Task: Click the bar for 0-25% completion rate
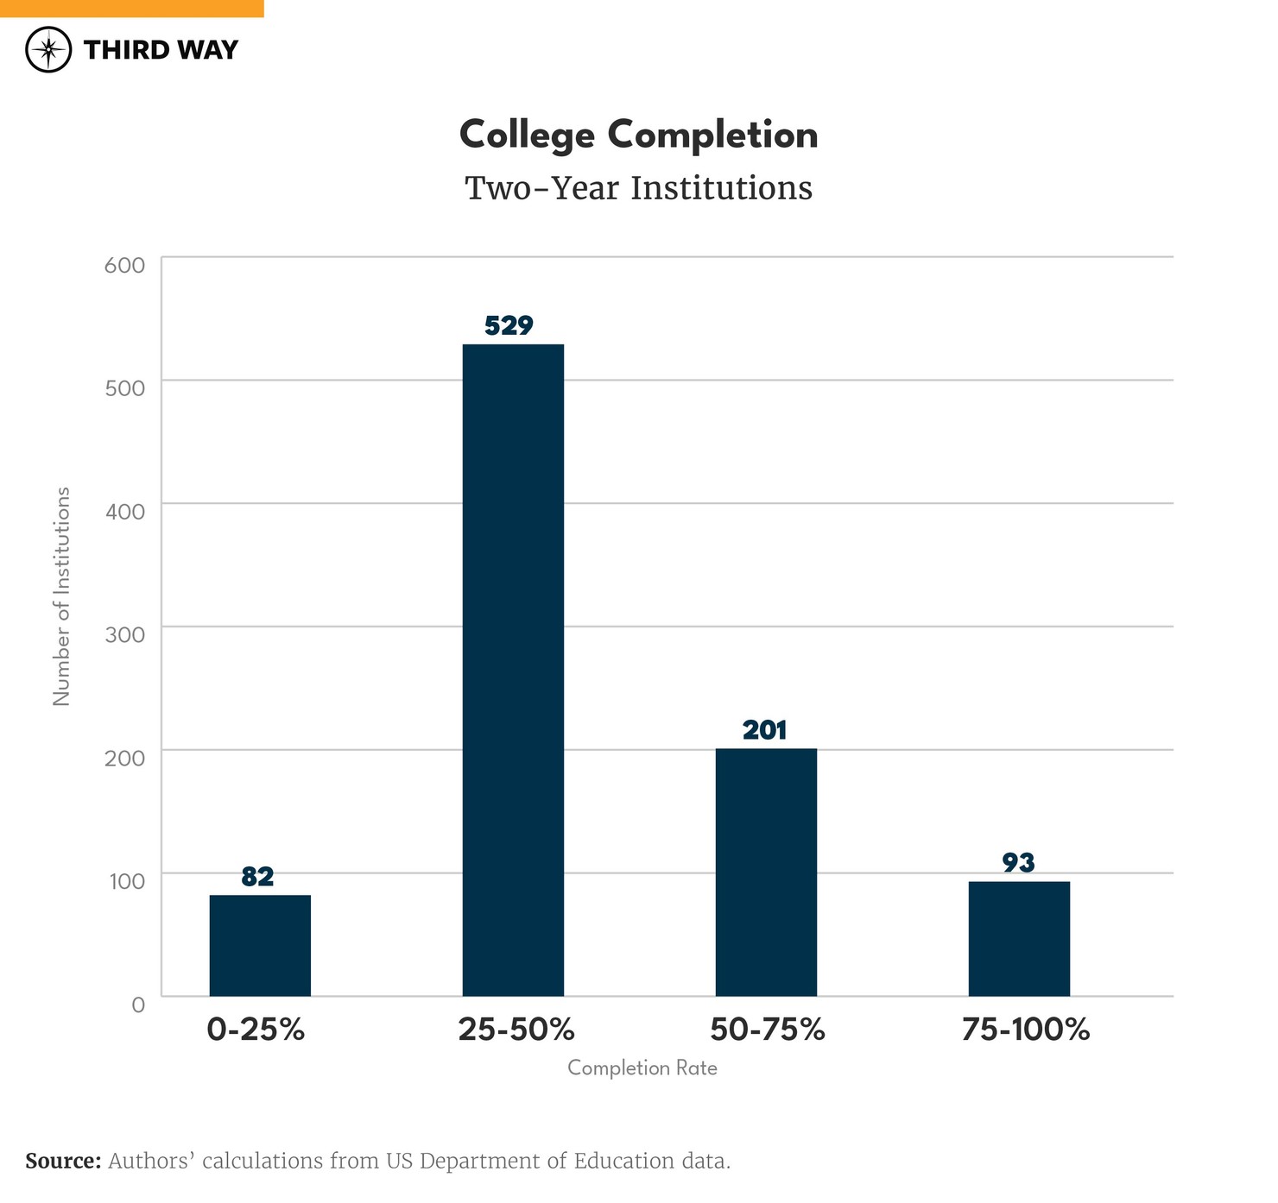point(260,945)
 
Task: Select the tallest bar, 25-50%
point(513,670)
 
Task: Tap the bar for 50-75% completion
point(766,872)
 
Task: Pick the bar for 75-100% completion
point(1019,938)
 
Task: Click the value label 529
point(509,325)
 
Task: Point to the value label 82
point(257,877)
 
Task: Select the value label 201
point(764,731)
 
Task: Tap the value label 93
point(1018,862)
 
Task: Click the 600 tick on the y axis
point(124,265)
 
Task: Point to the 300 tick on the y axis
point(124,634)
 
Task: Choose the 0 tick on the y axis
point(138,1005)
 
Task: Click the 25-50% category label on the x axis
point(516,1030)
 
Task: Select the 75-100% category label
point(1025,1030)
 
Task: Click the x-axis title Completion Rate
point(642,1068)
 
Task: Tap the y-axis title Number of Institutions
point(61,596)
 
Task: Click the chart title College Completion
point(638,135)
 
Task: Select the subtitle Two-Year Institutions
point(638,188)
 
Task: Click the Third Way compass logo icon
point(48,49)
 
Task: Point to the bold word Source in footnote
point(63,1162)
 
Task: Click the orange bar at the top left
point(131,8)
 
